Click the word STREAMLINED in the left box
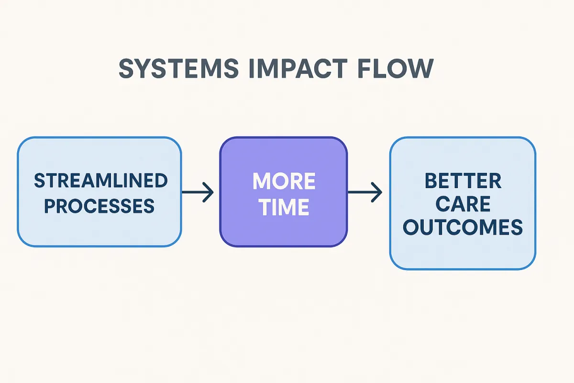[x=100, y=181]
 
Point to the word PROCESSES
[x=99, y=206]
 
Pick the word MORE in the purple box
[x=284, y=181]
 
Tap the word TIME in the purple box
[x=284, y=207]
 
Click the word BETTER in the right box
[x=463, y=181]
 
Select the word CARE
[x=463, y=204]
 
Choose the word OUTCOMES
[x=463, y=228]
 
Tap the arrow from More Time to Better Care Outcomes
[x=365, y=193]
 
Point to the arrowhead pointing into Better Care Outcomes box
[x=378, y=193]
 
